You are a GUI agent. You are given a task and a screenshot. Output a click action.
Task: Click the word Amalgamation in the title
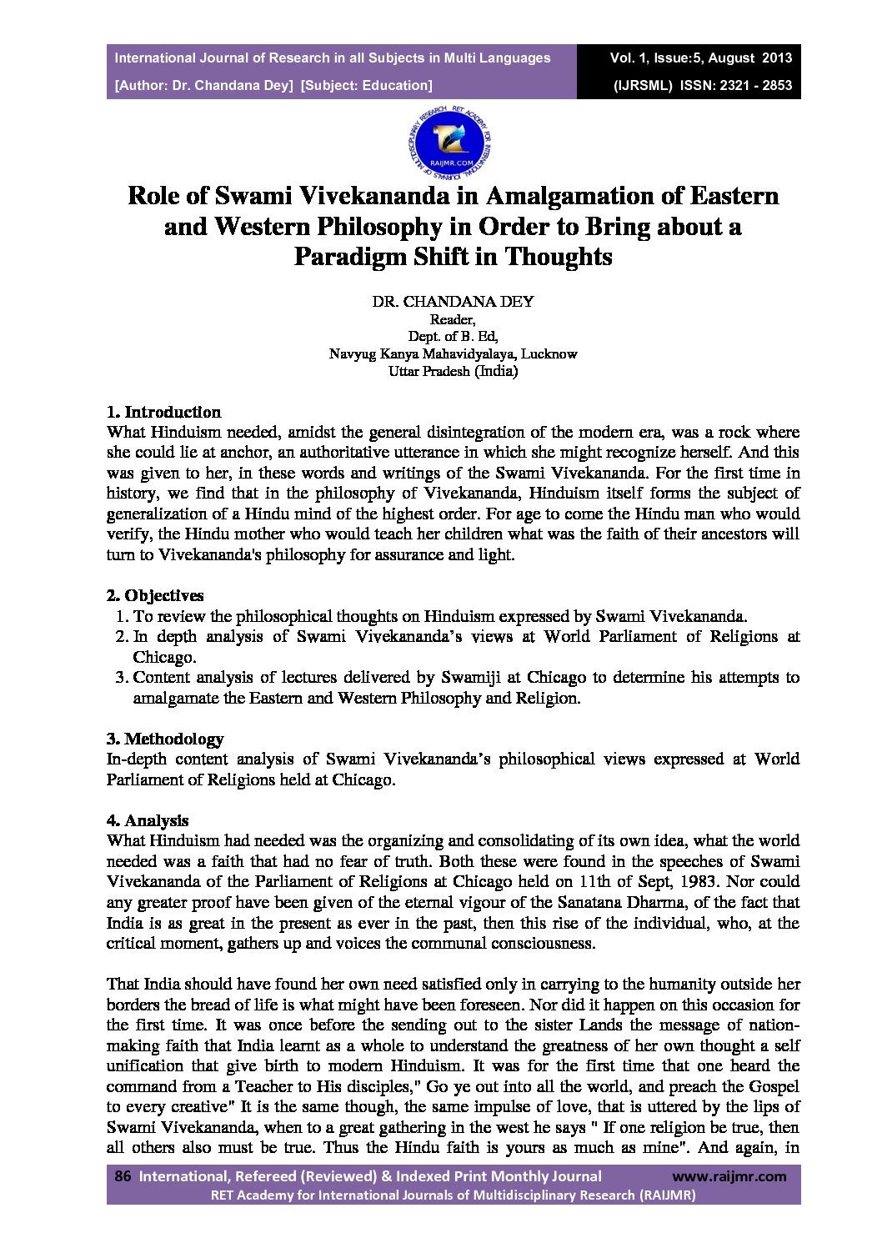tap(554, 196)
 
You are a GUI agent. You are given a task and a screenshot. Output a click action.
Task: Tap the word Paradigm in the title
tap(349, 256)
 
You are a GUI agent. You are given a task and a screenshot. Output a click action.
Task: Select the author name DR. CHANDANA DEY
tap(453, 302)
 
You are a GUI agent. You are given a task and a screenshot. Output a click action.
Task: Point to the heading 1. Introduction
tap(164, 412)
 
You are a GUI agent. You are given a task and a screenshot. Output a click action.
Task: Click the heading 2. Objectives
tap(156, 595)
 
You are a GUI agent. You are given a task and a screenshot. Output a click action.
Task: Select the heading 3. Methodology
tap(165, 739)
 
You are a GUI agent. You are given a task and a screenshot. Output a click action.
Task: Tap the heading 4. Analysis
tap(148, 820)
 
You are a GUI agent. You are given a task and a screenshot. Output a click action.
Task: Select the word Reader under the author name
tap(451, 319)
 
